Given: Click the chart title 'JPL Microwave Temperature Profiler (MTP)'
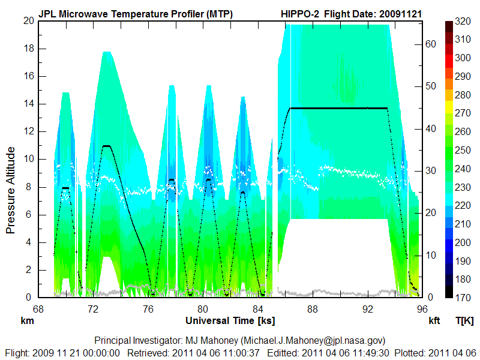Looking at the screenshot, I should tap(136, 13).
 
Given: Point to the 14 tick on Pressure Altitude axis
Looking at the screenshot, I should tap(28, 103).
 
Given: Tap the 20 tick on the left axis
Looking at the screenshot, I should tap(28, 20).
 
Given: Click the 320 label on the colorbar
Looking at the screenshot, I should tap(462, 20).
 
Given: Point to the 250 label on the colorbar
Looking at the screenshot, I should tap(462, 150).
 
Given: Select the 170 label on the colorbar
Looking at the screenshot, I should tap(462, 298).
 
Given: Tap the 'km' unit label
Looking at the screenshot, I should tap(27, 321).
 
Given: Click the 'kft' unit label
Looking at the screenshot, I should tap(434, 321).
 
